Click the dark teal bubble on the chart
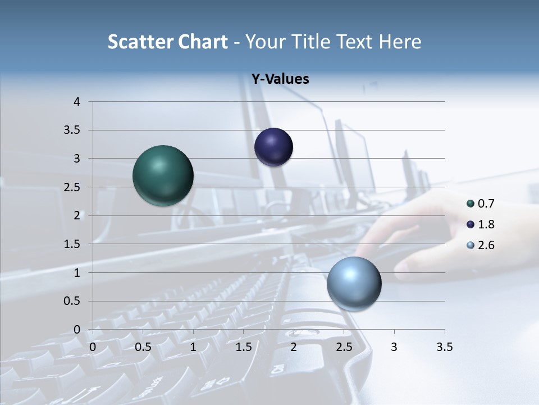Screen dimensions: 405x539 (x=163, y=175)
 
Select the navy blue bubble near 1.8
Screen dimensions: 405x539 (x=273, y=147)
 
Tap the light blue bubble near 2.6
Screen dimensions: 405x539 (x=354, y=283)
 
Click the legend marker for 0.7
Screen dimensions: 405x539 (x=471, y=204)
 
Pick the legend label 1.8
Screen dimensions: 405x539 (x=486, y=224)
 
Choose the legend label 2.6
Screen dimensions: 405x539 (x=486, y=245)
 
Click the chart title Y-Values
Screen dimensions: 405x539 (x=280, y=79)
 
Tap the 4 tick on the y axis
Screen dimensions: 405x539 (x=77, y=102)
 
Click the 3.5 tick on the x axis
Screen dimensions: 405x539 (x=444, y=347)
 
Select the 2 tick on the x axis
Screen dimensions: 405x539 (x=294, y=347)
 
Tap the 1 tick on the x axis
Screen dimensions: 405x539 (x=193, y=347)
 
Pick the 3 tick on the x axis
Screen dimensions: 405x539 (x=394, y=347)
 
